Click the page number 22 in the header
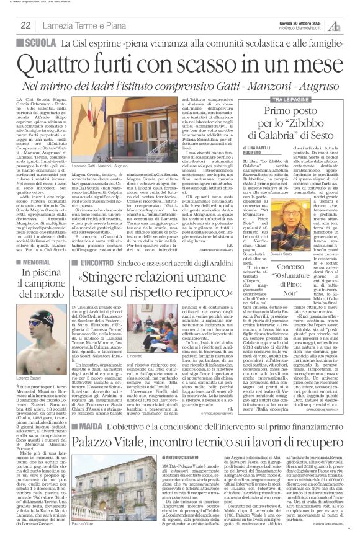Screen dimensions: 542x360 coord(26,25)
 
